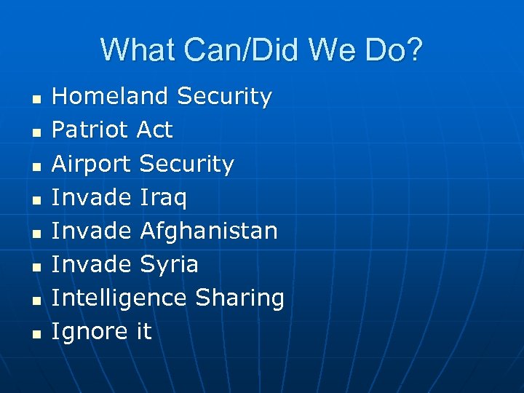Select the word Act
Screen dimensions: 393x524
click(154, 130)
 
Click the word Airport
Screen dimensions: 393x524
click(92, 164)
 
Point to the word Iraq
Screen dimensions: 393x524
click(163, 197)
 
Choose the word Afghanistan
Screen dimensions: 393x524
click(208, 231)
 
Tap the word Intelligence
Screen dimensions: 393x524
click(119, 298)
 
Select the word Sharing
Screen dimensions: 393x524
click(239, 298)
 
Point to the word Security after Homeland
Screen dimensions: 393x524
click(224, 96)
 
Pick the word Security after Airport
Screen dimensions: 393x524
click(186, 164)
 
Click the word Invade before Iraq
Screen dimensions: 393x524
click(91, 197)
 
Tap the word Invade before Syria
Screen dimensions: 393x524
click(91, 264)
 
